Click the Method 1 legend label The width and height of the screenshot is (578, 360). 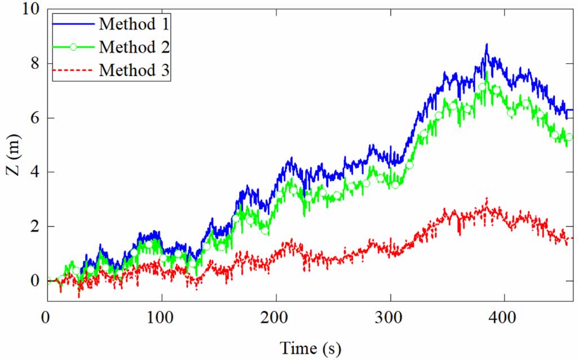(134, 24)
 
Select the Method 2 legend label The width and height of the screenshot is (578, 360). (134, 47)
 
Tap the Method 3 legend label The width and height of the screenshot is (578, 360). (134, 70)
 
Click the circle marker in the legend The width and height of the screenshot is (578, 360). (73, 47)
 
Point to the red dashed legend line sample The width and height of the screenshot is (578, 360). (73, 71)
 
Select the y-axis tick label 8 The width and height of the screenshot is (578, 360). (35, 63)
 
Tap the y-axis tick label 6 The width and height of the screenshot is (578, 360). (35, 118)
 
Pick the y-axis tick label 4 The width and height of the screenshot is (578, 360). (35, 172)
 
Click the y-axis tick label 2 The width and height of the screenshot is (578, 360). (35, 226)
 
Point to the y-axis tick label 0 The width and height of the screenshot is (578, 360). (35, 280)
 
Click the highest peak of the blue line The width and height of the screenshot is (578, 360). (486, 44)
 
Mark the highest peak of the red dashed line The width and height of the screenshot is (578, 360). (487, 198)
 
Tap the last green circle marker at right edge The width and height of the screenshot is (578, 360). (569, 137)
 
